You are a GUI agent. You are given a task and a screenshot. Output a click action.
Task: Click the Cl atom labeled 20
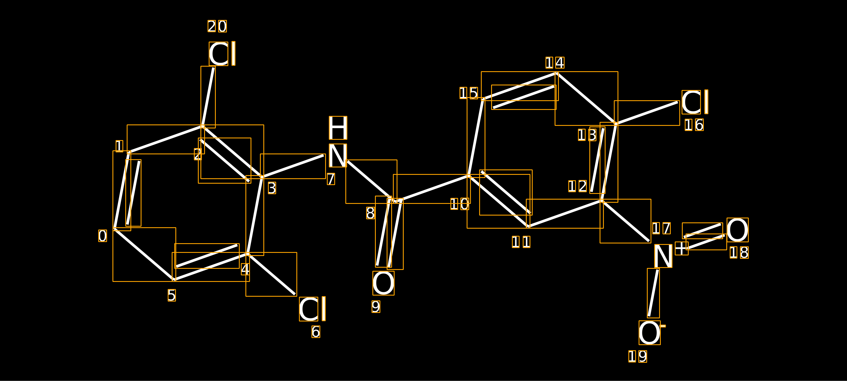(x=222, y=54)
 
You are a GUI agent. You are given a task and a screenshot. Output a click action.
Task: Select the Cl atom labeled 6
(x=312, y=309)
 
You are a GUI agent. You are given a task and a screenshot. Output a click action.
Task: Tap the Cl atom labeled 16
(x=694, y=102)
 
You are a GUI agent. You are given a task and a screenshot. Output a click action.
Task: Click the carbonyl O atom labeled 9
(x=383, y=283)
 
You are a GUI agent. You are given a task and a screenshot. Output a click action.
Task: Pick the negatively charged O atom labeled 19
(x=649, y=333)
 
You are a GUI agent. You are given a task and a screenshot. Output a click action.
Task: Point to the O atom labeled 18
(x=737, y=230)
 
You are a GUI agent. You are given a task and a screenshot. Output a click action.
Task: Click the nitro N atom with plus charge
(x=663, y=256)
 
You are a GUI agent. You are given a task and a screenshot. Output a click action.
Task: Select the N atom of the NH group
(x=338, y=155)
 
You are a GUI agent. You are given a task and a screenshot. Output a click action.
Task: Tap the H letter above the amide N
(x=338, y=128)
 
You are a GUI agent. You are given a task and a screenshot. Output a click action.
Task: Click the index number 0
(x=102, y=236)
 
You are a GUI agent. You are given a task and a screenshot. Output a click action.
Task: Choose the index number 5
(x=172, y=295)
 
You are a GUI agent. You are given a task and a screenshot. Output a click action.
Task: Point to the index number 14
(x=555, y=62)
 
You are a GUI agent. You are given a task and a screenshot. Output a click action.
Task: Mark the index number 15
(x=469, y=93)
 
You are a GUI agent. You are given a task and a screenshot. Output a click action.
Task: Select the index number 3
(x=272, y=188)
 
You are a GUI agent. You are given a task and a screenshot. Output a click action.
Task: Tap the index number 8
(x=371, y=213)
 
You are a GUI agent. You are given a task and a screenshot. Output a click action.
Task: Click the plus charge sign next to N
(x=682, y=248)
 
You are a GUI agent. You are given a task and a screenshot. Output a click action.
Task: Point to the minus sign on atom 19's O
(x=663, y=326)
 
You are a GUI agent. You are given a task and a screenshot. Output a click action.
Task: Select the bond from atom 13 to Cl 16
(x=647, y=113)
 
